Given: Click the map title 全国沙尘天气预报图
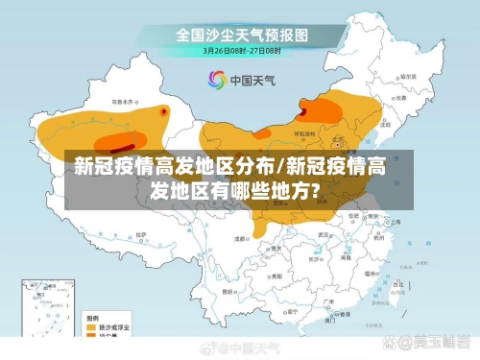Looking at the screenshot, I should click(x=241, y=35).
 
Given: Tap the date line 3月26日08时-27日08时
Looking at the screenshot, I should click(x=240, y=50).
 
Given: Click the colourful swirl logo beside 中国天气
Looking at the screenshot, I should click(x=217, y=80).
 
